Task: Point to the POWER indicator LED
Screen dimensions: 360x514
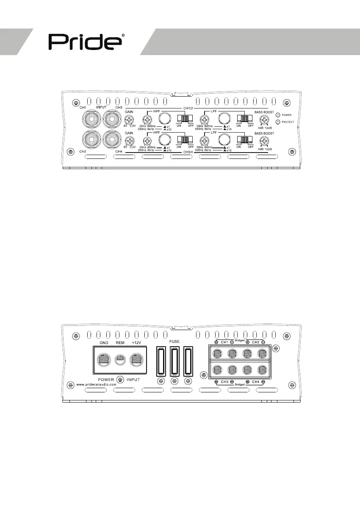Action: (x=278, y=115)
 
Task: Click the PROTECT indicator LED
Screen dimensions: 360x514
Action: (x=278, y=122)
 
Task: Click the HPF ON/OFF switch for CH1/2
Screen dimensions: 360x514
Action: (x=185, y=119)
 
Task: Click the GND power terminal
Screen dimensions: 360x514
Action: (x=104, y=360)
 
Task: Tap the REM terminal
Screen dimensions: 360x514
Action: (x=120, y=359)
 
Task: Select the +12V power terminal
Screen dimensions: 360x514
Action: (x=136, y=360)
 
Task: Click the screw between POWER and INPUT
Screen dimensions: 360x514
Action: (x=120, y=379)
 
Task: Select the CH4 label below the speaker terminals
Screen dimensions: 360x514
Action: (x=256, y=382)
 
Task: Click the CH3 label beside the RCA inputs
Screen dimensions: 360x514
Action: (x=119, y=107)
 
